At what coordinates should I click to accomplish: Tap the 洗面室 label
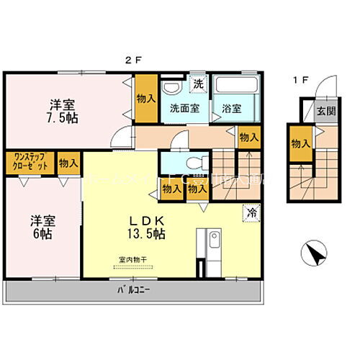[184, 109]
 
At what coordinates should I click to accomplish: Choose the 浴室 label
[232, 109]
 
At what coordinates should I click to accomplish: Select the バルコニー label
[133, 291]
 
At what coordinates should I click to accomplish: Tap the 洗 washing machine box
[199, 84]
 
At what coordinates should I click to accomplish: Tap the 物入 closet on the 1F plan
[300, 144]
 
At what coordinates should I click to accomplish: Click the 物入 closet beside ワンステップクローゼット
[69, 162]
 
